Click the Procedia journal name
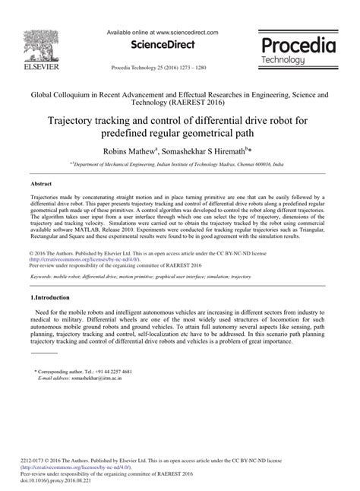pyautogui.click(x=295, y=44)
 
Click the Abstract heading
pyautogui.click(x=41, y=184)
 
